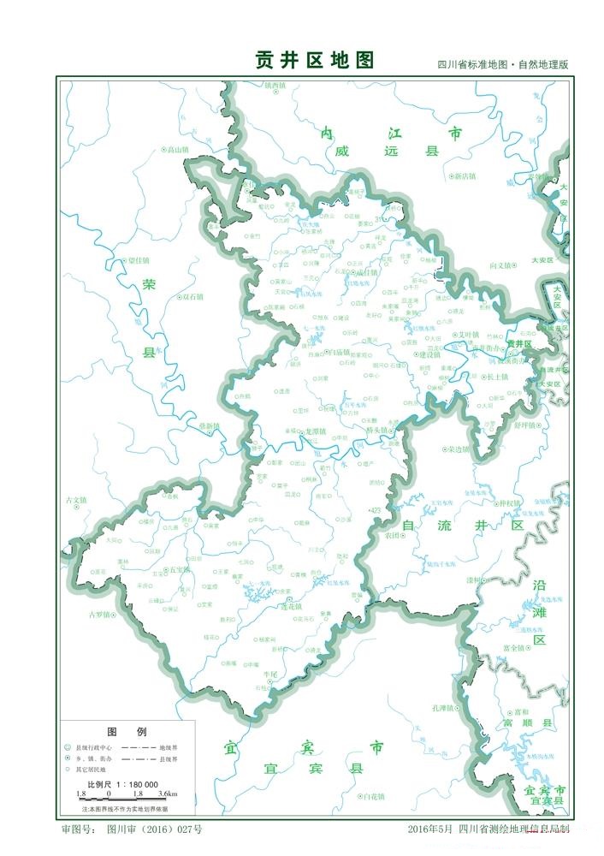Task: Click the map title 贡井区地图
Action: [x=315, y=60]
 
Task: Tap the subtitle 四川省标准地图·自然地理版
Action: [x=502, y=65]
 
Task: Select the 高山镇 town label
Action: [x=176, y=150]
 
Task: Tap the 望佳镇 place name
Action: [x=137, y=260]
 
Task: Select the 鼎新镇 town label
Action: [x=208, y=425]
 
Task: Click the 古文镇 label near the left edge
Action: [x=76, y=500]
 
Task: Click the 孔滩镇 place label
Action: [x=445, y=707]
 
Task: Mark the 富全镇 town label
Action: [x=513, y=648]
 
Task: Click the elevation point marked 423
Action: [x=373, y=510]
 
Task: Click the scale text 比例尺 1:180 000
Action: [x=122, y=784]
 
